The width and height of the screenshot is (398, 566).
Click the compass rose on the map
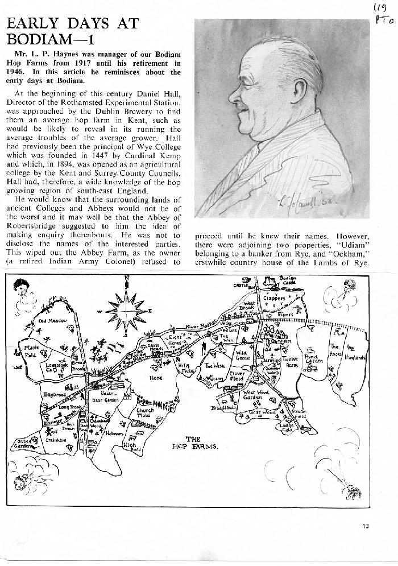pyautogui.click(x=126, y=308)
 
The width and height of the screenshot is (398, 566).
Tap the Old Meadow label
pyautogui.click(x=53, y=321)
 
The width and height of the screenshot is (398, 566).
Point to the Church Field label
pyautogui.click(x=145, y=414)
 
